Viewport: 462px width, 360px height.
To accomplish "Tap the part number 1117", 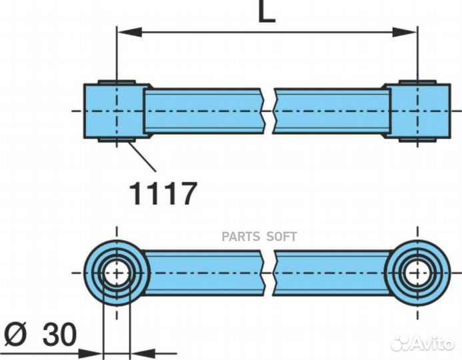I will [x=163, y=193].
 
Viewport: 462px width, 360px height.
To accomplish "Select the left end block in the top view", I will [x=114, y=111].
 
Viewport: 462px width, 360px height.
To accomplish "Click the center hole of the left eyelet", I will [x=116, y=273].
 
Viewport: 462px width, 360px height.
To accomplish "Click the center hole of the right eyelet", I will [x=418, y=273].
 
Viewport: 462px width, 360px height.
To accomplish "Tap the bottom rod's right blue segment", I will [x=333, y=273].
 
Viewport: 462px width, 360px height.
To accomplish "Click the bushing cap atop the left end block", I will [x=117, y=82].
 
